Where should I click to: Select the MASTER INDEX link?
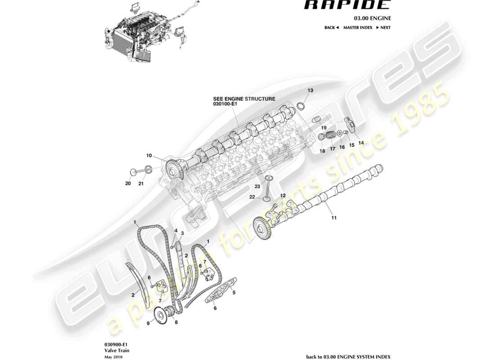[x=358, y=27]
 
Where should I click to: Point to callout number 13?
[x=310, y=90]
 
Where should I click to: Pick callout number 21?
[x=141, y=183]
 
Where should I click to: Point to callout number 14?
[x=361, y=142]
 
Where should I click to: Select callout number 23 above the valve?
[x=257, y=186]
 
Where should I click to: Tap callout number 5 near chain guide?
[x=234, y=292]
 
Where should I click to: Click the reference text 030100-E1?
[x=225, y=104]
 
